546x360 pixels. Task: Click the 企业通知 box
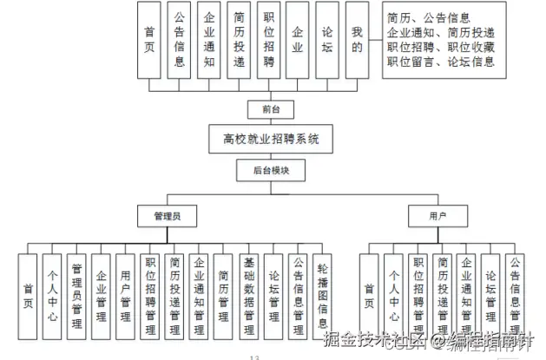tap(208, 41)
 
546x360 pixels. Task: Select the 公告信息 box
tap(179, 41)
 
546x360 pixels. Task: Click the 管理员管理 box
tap(77, 295)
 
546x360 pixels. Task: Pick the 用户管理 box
tap(126, 295)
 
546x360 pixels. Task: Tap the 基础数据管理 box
tap(249, 295)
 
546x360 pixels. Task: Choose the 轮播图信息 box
tap(322, 295)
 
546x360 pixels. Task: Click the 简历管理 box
tap(224, 295)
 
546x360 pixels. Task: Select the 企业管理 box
tap(102, 295)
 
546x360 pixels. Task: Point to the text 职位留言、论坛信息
tap(441, 62)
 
